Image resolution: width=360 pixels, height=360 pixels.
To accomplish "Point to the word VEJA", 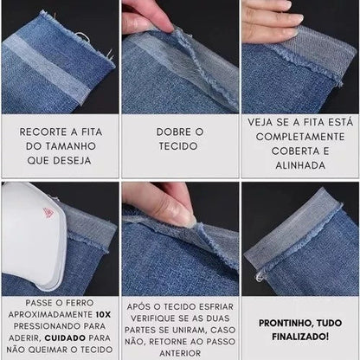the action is coord(260,122).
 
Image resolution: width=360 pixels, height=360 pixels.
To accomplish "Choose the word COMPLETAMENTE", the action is coord(300,137).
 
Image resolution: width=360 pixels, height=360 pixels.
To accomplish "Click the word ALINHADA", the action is coord(300,165).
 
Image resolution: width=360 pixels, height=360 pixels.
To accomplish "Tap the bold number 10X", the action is coord(103,314).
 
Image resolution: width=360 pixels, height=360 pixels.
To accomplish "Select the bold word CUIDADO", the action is coord(65,337).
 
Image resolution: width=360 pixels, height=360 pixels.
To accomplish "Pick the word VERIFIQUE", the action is coord(151,318).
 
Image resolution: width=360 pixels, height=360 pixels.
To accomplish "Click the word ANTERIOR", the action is coord(180,353).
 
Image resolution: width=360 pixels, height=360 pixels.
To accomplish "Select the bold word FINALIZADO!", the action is coord(300,337).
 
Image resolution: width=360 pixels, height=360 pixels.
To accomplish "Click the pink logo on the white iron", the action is coord(48,214).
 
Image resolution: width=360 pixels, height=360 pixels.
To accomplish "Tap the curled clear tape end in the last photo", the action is coord(260,277).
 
